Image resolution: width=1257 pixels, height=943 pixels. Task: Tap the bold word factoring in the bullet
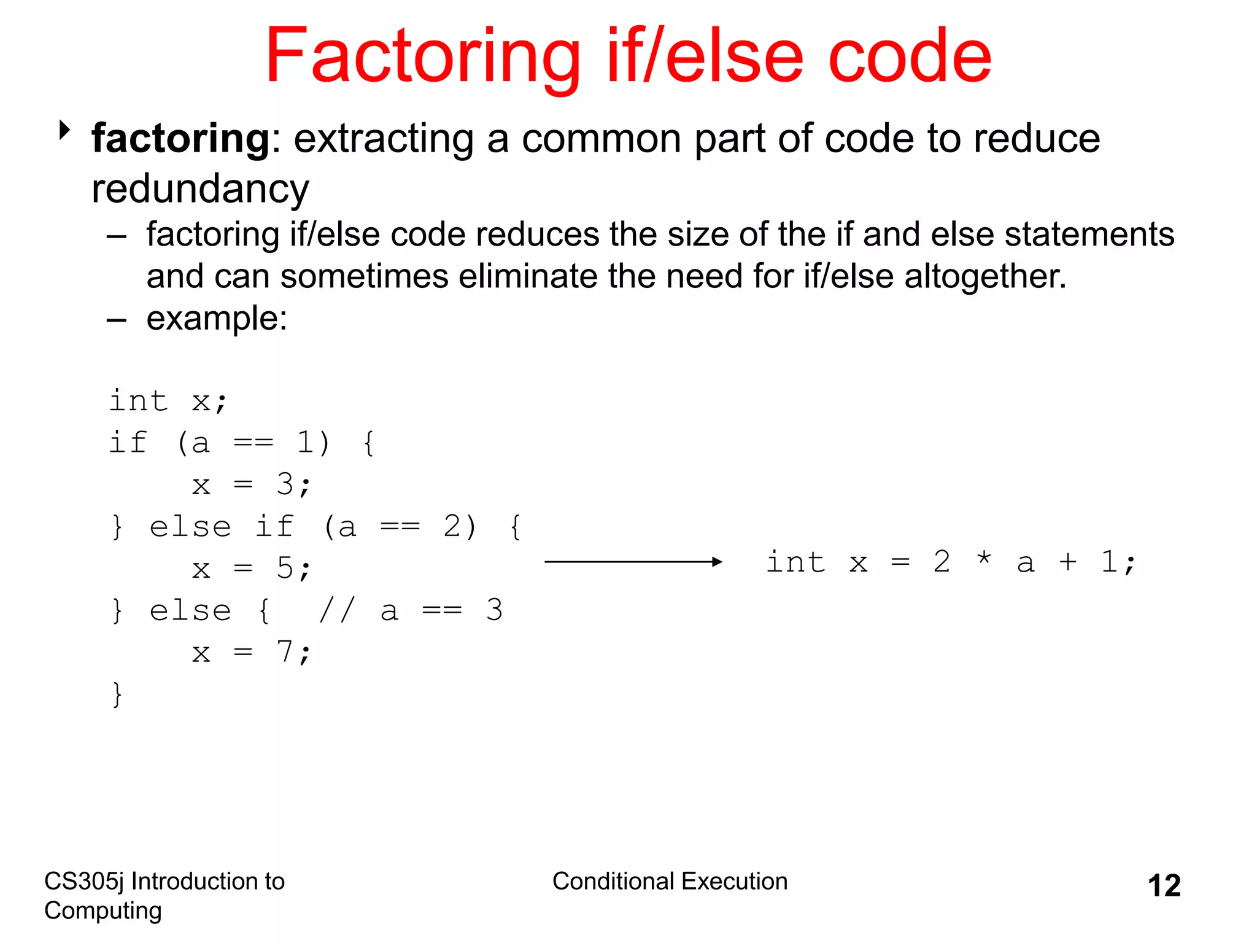pyautogui.click(x=180, y=139)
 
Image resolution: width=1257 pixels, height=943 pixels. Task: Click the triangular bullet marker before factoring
pyautogui.click(x=64, y=130)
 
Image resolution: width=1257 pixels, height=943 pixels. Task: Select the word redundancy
pyautogui.click(x=200, y=189)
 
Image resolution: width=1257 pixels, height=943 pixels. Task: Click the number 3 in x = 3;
pyautogui.click(x=285, y=485)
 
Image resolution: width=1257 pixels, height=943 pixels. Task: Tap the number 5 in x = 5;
pyautogui.click(x=285, y=569)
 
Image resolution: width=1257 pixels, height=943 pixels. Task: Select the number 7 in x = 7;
pyautogui.click(x=285, y=652)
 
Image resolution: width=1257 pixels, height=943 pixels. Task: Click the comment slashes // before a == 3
pyautogui.click(x=337, y=610)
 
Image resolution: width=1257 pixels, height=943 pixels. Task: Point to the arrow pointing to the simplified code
pyautogui.click(x=632, y=562)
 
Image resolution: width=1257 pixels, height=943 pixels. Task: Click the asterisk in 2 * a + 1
pyautogui.click(x=984, y=560)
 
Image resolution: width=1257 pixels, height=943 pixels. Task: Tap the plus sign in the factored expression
pyautogui.click(x=1067, y=562)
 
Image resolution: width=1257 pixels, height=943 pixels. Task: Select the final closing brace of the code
pyautogui.click(x=117, y=694)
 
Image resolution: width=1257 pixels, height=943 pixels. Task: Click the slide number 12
pyautogui.click(x=1164, y=886)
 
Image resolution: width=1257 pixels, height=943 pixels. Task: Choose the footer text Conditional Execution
pyautogui.click(x=670, y=882)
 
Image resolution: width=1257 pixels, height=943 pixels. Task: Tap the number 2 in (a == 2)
pyautogui.click(x=452, y=527)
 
